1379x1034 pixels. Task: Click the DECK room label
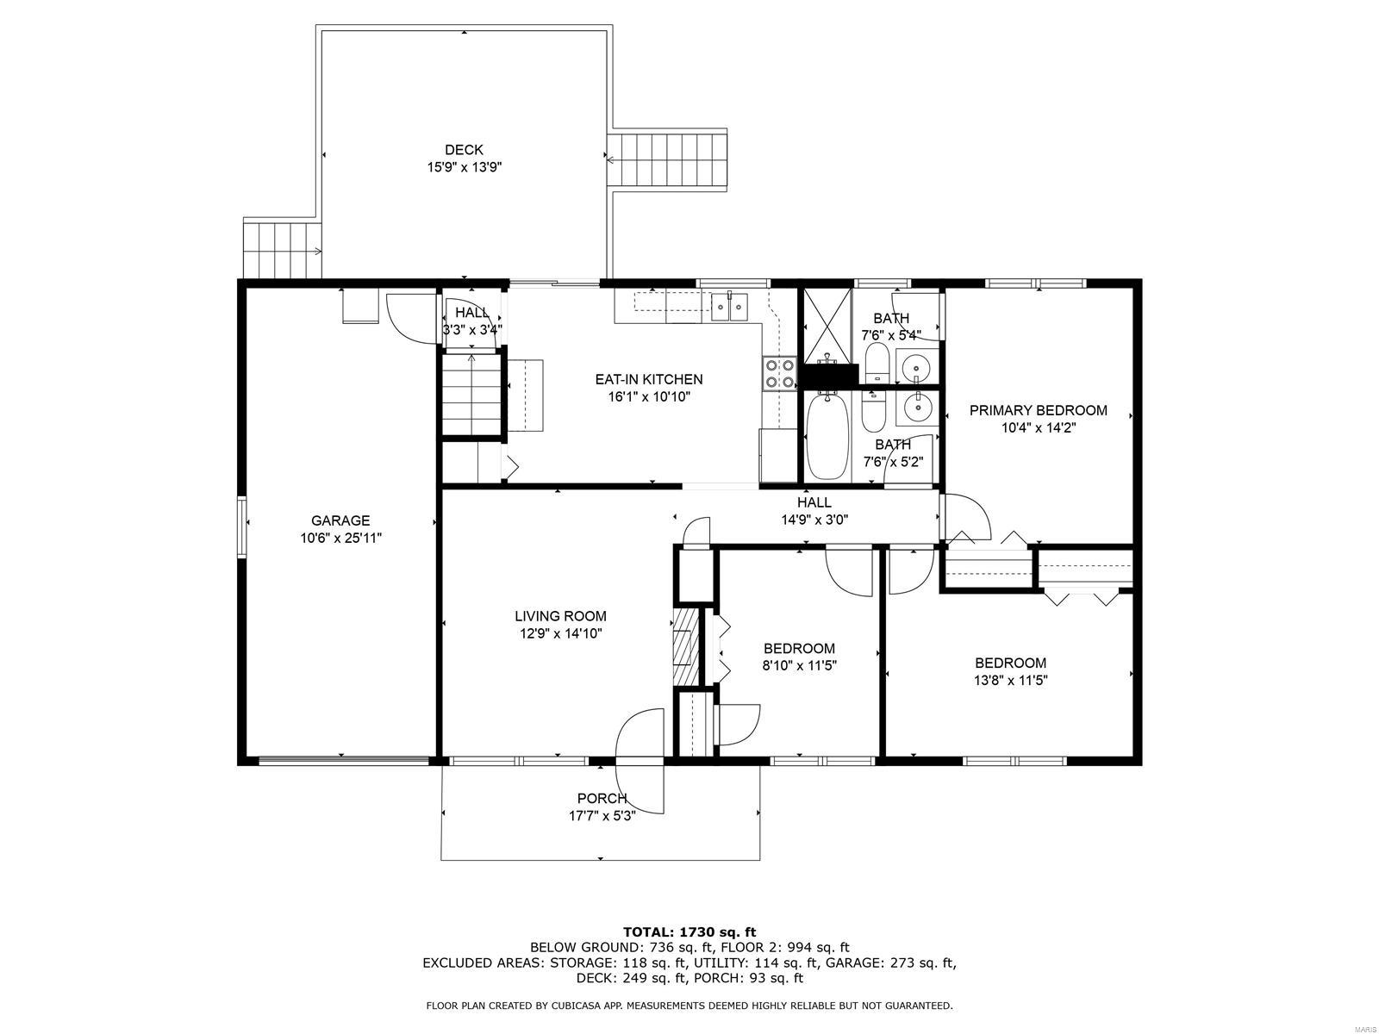point(464,150)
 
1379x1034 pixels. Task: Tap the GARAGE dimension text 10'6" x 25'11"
point(340,538)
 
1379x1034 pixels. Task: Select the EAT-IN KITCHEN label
point(649,379)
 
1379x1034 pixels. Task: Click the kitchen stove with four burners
point(778,373)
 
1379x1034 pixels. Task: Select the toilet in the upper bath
point(877,362)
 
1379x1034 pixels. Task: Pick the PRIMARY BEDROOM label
point(1038,410)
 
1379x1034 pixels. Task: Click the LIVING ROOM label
point(560,616)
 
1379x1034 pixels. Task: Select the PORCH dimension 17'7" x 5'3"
point(602,815)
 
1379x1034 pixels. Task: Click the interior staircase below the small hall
point(471,396)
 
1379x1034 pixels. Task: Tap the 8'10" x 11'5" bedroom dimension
point(799,665)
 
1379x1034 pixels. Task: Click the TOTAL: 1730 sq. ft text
point(689,931)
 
